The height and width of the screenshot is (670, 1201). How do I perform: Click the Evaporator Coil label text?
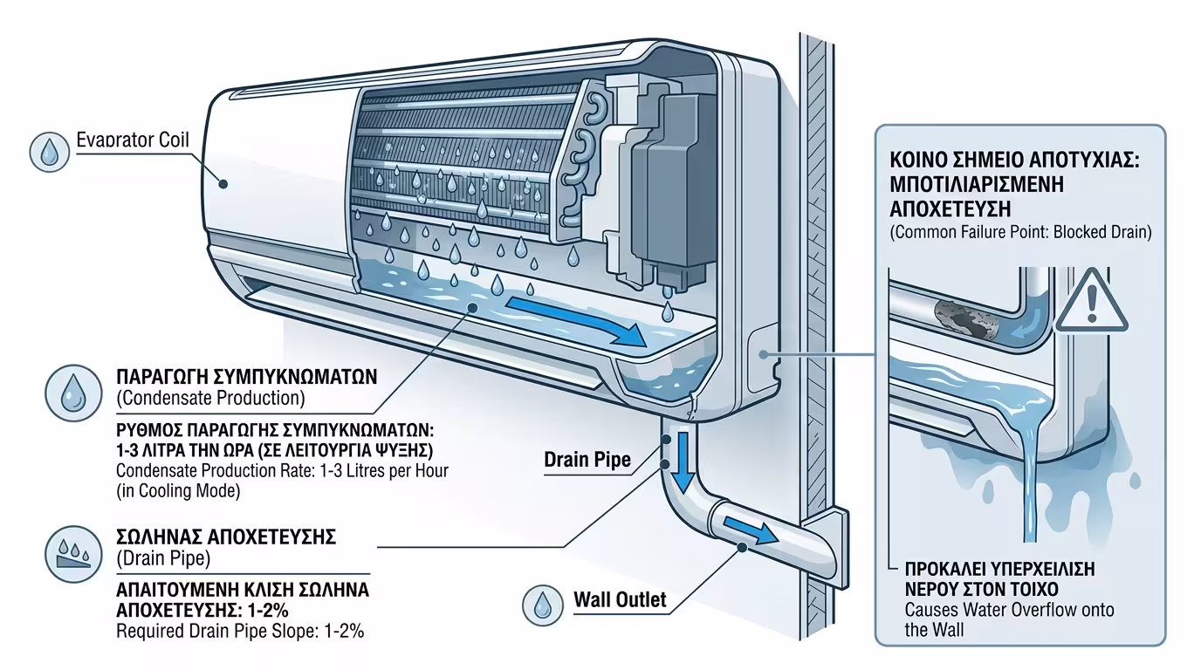(132, 140)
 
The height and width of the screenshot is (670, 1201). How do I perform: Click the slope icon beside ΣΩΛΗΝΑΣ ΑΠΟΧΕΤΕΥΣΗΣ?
(69, 548)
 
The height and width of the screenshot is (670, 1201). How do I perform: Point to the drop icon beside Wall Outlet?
(542, 603)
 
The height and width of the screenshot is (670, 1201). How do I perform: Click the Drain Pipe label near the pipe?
(587, 460)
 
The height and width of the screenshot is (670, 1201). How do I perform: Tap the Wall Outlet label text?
(620, 600)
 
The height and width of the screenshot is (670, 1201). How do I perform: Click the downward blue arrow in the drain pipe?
(683, 463)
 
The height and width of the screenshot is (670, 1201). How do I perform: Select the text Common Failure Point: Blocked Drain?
(1020, 233)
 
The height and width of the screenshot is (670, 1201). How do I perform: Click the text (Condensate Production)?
(209, 399)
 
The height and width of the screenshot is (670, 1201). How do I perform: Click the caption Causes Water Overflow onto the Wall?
(1009, 619)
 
